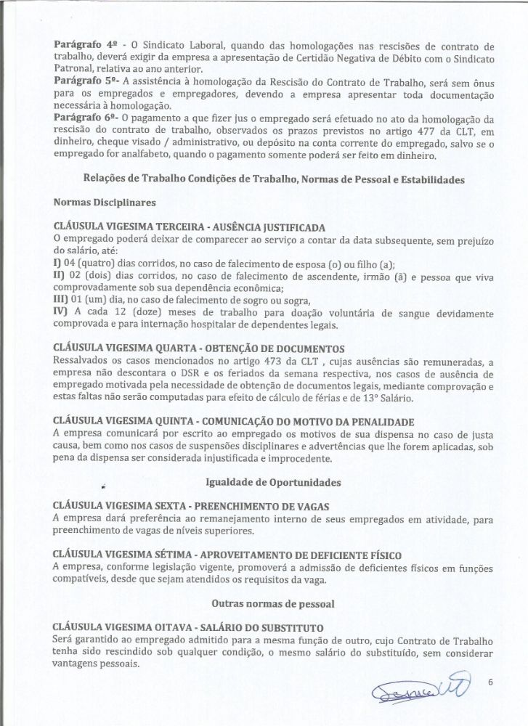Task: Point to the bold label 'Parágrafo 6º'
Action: (x=83, y=118)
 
